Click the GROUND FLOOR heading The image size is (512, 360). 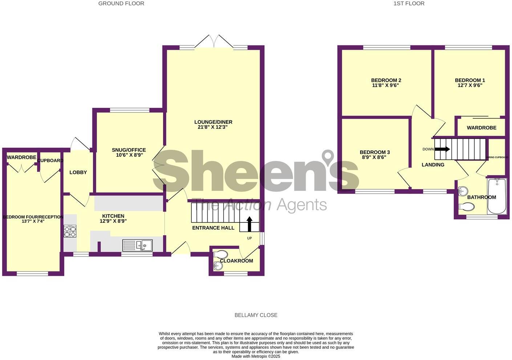click(121, 4)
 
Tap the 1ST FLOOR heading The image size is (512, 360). click(409, 4)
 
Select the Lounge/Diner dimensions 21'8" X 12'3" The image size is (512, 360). click(213, 127)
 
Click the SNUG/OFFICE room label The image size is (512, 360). click(129, 150)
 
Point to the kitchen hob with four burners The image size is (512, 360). click(70, 231)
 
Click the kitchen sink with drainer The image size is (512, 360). click(138, 246)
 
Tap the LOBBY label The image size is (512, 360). click(78, 172)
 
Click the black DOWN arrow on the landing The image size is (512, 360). click(442, 149)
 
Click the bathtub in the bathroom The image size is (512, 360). click(496, 196)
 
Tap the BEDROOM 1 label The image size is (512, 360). click(470, 80)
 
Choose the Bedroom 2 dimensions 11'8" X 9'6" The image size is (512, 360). click(386, 86)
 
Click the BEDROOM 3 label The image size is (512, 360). click(375, 152)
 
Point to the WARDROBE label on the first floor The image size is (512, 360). click(481, 128)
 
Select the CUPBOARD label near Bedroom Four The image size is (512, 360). click(50, 160)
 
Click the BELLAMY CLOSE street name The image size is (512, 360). click(256, 315)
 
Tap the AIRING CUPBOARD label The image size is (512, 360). click(497, 157)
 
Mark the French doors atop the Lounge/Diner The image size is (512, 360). click(214, 42)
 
